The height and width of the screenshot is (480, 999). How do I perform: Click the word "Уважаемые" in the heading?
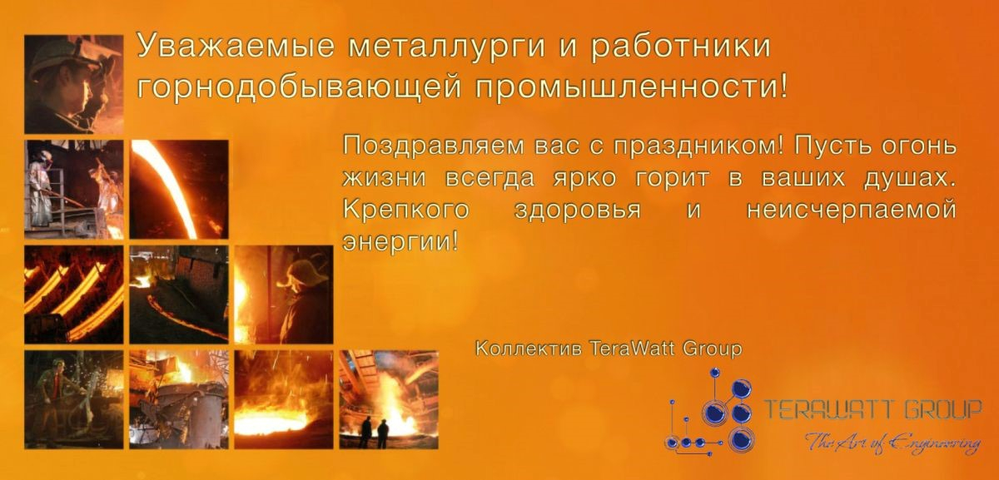pyautogui.click(x=236, y=46)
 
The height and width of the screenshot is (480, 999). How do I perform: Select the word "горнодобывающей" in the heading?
pyautogui.click(x=299, y=87)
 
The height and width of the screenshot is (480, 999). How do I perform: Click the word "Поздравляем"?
pyautogui.click(x=433, y=146)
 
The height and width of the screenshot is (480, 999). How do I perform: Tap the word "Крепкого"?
pyautogui.click(x=406, y=210)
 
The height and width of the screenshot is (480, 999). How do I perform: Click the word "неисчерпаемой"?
pyautogui.click(x=852, y=210)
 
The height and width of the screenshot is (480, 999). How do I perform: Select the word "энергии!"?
pyautogui.click(x=400, y=242)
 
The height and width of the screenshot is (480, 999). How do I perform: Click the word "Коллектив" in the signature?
pyautogui.click(x=528, y=348)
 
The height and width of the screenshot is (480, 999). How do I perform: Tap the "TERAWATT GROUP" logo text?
pyautogui.click(x=873, y=409)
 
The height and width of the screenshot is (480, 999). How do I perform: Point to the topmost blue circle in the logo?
pyautogui.click(x=715, y=373)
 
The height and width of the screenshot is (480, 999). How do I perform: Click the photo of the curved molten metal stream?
pyautogui.click(x=179, y=189)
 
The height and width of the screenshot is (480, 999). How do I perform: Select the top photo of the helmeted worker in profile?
pyautogui.click(x=73, y=84)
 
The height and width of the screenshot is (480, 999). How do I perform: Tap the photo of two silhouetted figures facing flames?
pyautogui.click(x=389, y=399)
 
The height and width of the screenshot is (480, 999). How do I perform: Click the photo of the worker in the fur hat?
pyautogui.click(x=284, y=294)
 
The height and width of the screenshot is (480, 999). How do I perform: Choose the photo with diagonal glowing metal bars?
pyautogui.click(x=73, y=294)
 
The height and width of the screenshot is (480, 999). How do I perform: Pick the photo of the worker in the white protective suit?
pyautogui.click(x=73, y=189)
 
